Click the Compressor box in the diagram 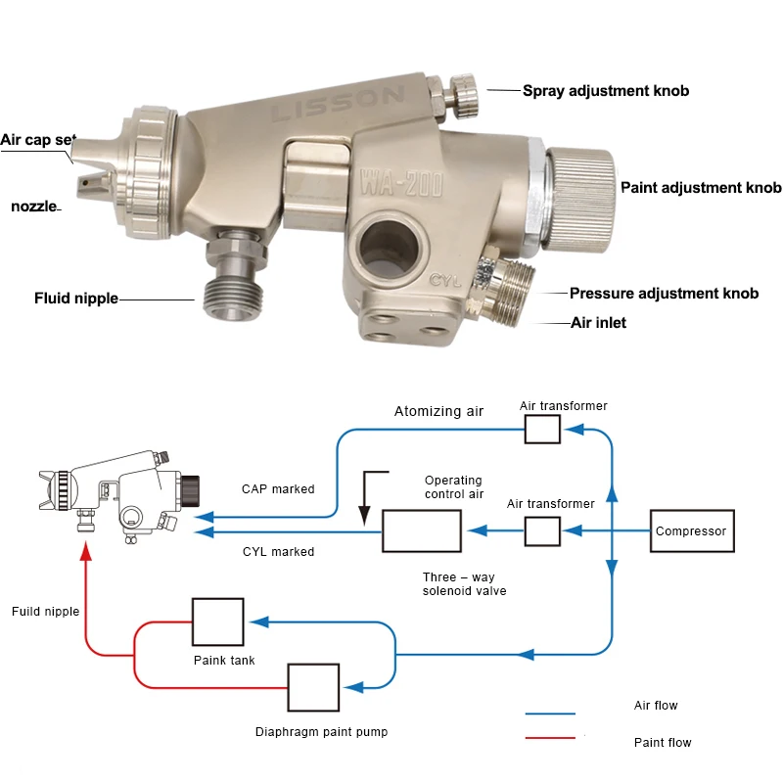[x=692, y=530]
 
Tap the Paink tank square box [x=218, y=622]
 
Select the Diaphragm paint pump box [x=313, y=688]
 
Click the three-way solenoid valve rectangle [x=422, y=530]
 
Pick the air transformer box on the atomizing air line [x=542, y=430]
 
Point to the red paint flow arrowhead [x=87, y=551]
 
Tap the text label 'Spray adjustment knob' [x=606, y=91]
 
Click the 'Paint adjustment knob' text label [x=701, y=188]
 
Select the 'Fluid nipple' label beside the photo [x=76, y=299]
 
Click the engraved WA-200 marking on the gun [x=401, y=184]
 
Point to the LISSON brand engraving [x=338, y=104]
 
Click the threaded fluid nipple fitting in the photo [x=234, y=274]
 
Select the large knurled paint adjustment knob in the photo [x=580, y=201]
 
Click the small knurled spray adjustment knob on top [x=463, y=96]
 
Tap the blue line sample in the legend [x=550, y=714]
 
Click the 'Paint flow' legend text [x=663, y=743]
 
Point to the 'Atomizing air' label [x=438, y=411]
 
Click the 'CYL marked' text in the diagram [x=279, y=552]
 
